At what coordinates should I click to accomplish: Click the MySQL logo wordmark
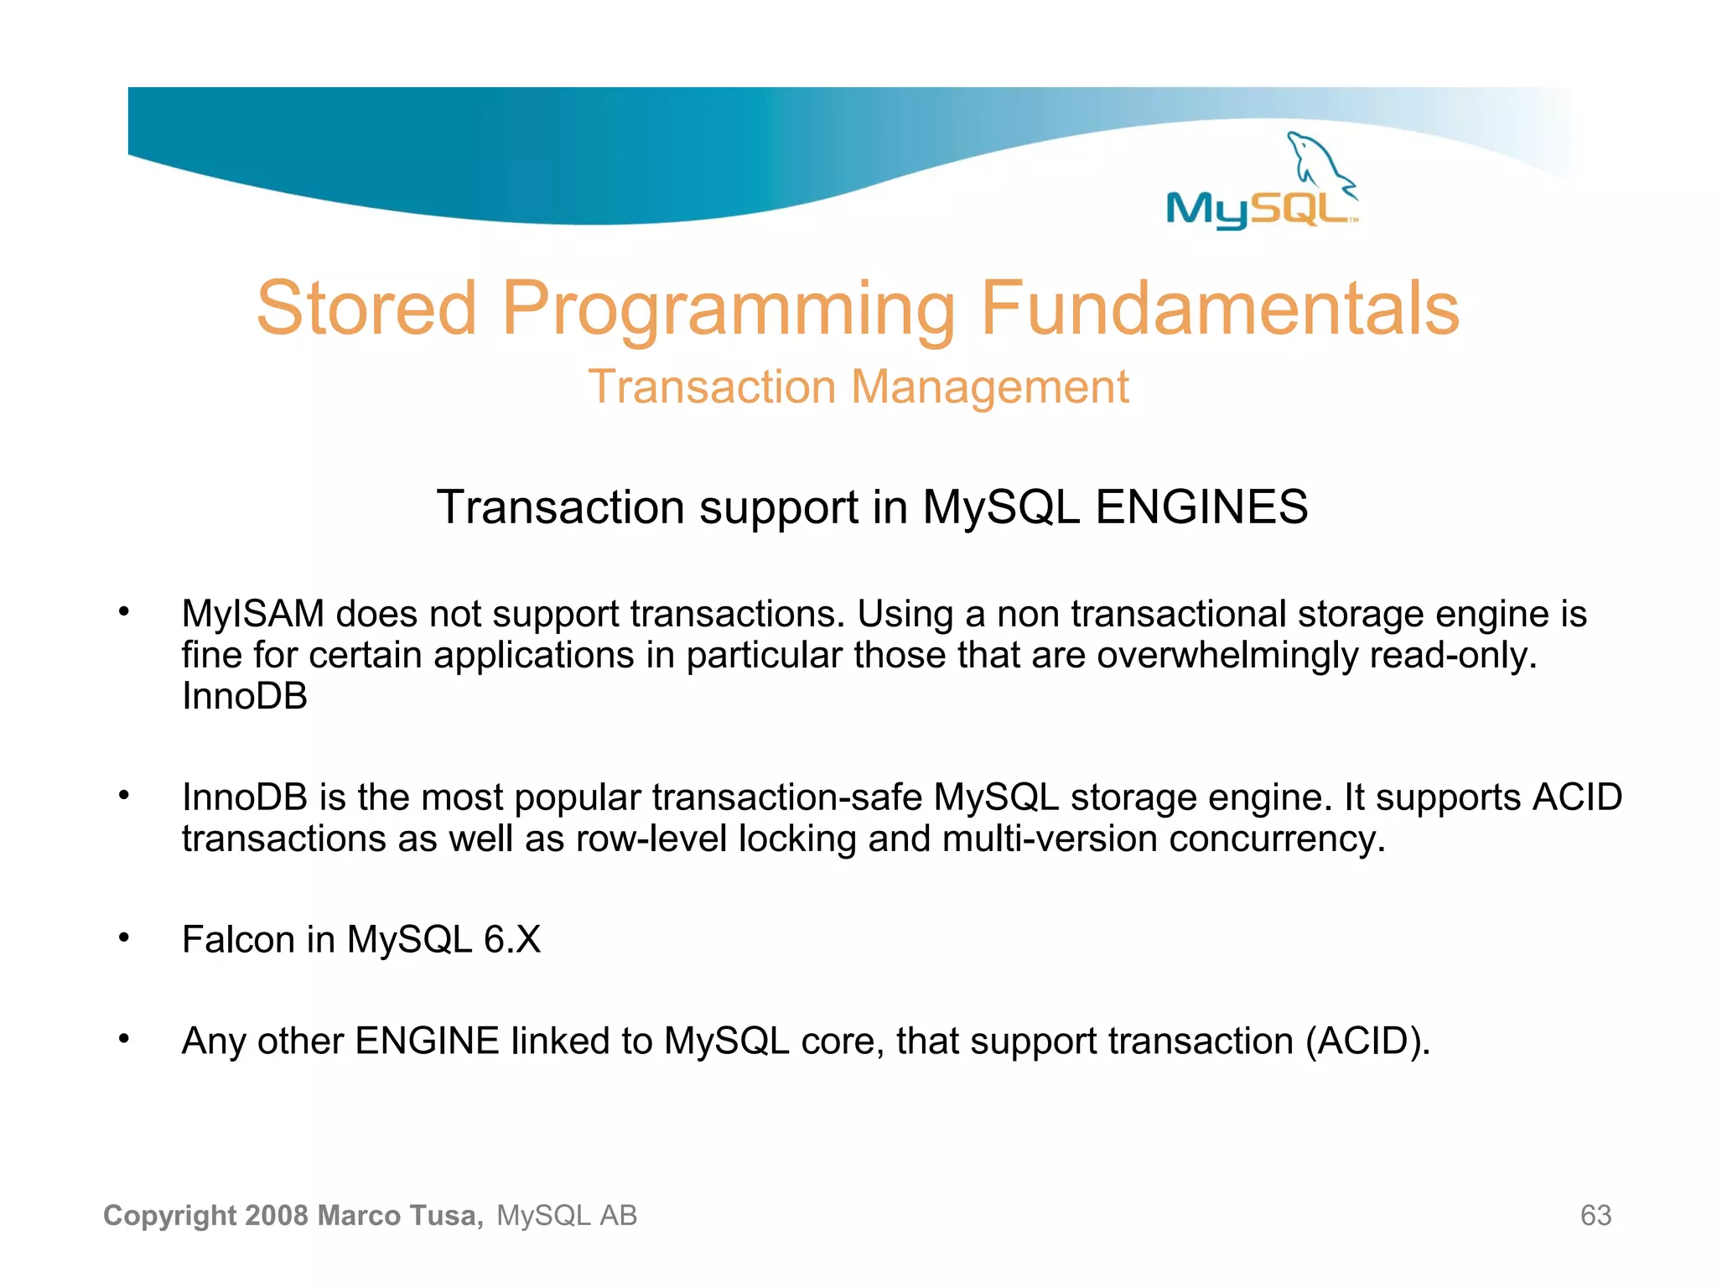pyautogui.click(x=1258, y=209)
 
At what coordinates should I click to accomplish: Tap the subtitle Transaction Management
pyautogui.click(x=858, y=387)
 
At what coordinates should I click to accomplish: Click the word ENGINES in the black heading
pyautogui.click(x=1201, y=507)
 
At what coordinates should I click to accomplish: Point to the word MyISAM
pyautogui.click(x=252, y=615)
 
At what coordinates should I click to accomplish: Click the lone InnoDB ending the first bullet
pyautogui.click(x=244, y=697)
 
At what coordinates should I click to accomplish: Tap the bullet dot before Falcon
pyautogui.click(x=124, y=937)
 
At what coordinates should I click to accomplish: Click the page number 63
pyautogui.click(x=1595, y=1216)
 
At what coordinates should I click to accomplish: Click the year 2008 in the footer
pyautogui.click(x=278, y=1216)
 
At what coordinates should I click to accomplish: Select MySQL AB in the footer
pyautogui.click(x=567, y=1216)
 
